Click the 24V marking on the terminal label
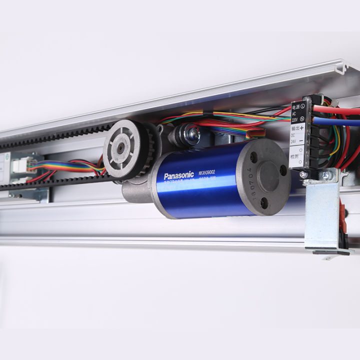point(294,141)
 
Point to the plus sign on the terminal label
point(302,128)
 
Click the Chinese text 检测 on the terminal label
point(295,157)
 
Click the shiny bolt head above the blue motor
point(191,133)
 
